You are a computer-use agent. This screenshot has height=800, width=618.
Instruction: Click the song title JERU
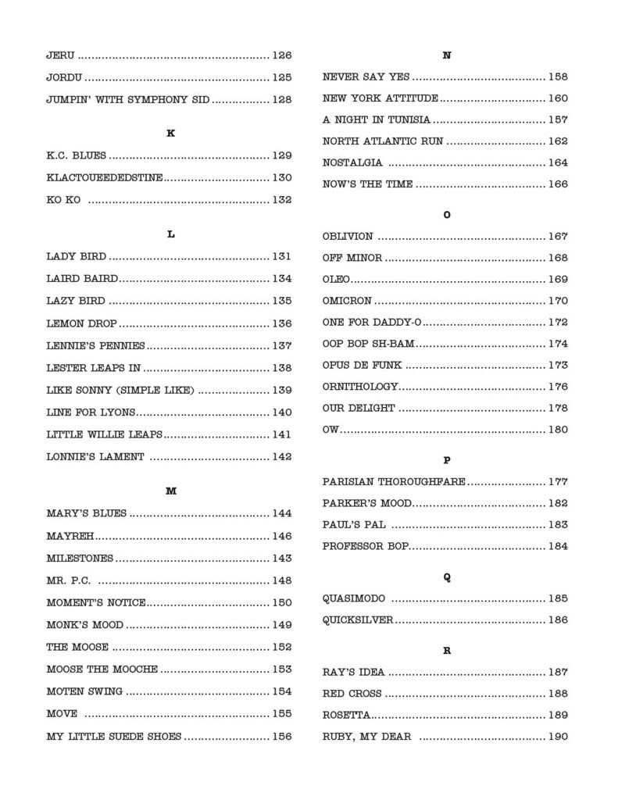[x=61, y=56]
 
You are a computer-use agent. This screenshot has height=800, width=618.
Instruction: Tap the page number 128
[x=281, y=100]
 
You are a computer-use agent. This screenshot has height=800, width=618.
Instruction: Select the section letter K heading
[x=170, y=134]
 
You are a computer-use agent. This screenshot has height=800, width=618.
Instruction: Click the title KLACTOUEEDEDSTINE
[x=105, y=178]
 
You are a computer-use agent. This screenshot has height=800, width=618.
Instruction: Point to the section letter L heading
[x=170, y=234]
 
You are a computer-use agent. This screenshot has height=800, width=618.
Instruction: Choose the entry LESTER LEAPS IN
[x=93, y=368]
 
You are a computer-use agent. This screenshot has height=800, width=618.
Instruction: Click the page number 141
[x=281, y=434]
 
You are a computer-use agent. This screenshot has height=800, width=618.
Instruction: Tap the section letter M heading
[x=170, y=491]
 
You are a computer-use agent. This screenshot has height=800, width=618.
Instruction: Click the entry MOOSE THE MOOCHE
[x=102, y=670]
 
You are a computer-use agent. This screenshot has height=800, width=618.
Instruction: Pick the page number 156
[x=281, y=736]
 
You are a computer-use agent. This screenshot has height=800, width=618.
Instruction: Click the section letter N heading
[x=446, y=56]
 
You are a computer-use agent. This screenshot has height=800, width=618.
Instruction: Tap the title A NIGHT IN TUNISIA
[x=377, y=120]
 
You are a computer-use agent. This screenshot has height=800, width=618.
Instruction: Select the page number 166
[x=558, y=185]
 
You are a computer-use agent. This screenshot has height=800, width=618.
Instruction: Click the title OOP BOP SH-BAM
[x=368, y=344]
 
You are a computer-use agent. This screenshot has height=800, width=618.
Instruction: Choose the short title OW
[x=330, y=430]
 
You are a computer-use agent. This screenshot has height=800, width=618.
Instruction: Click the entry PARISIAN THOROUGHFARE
[x=394, y=482]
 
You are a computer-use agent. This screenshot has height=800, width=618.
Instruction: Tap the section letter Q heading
[x=446, y=577]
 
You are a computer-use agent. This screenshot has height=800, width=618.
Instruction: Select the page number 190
[x=558, y=737]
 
